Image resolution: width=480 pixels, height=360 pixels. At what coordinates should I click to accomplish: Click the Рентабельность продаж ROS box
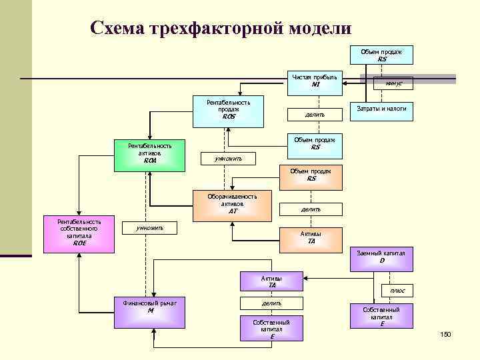tap(229, 110)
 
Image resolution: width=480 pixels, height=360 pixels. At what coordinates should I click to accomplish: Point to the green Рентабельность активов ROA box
tap(150, 153)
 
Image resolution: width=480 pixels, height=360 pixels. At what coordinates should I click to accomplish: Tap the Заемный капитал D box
tap(382, 257)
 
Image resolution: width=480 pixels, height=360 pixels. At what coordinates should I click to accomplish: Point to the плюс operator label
tap(397, 291)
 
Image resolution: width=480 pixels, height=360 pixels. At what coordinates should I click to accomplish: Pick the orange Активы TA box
tap(311, 238)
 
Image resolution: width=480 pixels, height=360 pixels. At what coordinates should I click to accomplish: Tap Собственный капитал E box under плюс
tap(382, 315)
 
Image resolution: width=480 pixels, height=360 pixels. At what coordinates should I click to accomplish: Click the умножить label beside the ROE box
tap(150, 228)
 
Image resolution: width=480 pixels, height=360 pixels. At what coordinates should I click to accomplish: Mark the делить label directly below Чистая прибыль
tap(315, 114)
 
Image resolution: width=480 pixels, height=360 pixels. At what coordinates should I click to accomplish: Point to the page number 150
tap(445, 333)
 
